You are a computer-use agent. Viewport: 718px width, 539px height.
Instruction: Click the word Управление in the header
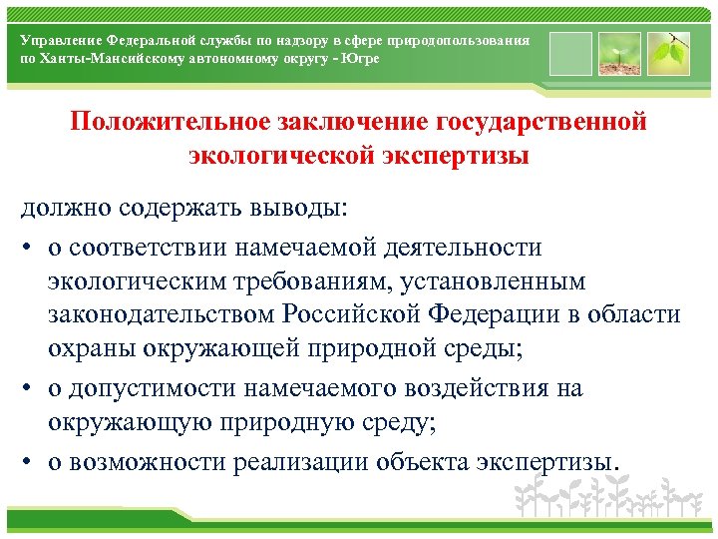tap(62, 39)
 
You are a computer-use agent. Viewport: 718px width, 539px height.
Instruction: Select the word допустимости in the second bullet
tap(149, 387)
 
